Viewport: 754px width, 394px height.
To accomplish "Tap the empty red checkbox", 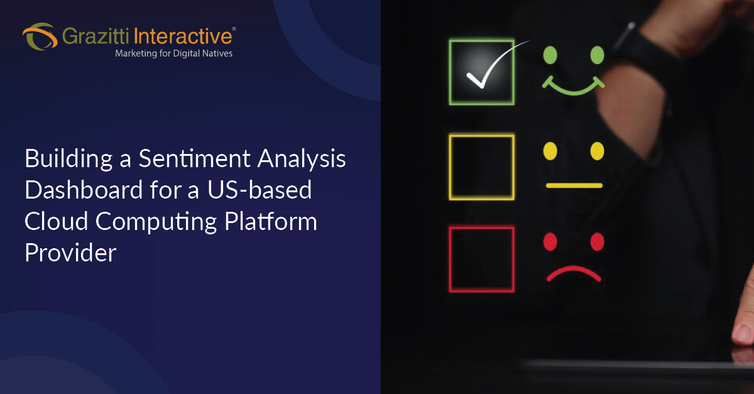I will (481, 259).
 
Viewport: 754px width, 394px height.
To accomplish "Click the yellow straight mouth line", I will (574, 185).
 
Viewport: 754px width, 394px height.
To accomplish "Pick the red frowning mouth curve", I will (573, 273).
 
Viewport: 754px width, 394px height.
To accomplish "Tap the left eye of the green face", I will (550, 55).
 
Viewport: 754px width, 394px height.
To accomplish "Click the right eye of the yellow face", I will (597, 151).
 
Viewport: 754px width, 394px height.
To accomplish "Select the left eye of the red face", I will (550, 241).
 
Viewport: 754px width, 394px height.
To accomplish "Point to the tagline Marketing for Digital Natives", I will (173, 54).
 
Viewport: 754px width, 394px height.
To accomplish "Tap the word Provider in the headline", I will (70, 253).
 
